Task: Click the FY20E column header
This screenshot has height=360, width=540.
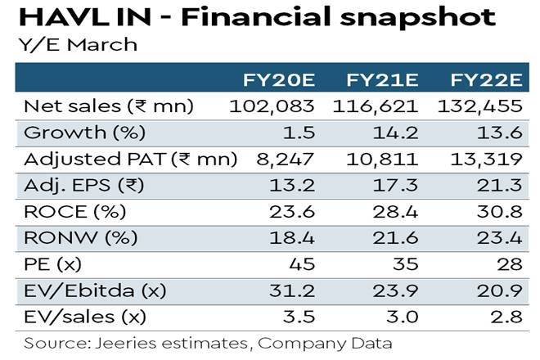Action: coord(281,80)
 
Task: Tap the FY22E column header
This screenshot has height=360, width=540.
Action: coord(486,80)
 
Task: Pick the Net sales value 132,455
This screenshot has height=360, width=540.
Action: coord(486,106)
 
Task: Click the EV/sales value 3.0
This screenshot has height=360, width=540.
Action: coord(402,315)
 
